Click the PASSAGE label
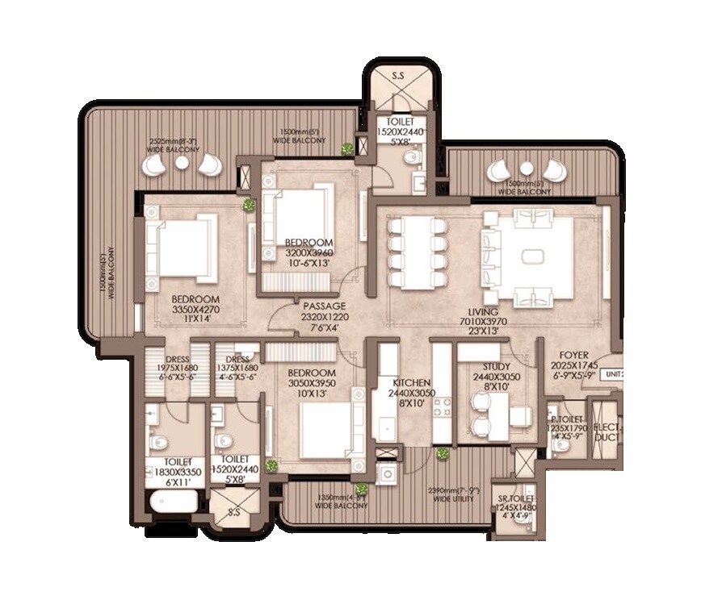click(x=324, y=306)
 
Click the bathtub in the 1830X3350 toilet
click(x=174, y=501)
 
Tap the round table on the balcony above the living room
click(x=526, y=169)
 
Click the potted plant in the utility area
click(x=443, y=453)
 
